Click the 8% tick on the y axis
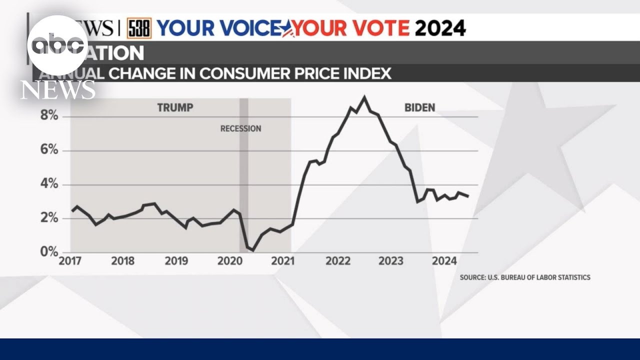point(49,116)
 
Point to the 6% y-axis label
point(49,150)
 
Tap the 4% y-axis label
point(49,184)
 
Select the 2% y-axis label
point(49,218)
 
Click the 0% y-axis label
point(49,252)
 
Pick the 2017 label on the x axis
point(70,261)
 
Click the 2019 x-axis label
point(176,261)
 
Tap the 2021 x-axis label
point(283,261)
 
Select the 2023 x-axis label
point(391,261)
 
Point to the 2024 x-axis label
point(444,261)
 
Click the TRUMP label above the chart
point(175,107)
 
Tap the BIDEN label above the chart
point(419,107)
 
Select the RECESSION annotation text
point(240,128)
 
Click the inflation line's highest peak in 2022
point(364,97)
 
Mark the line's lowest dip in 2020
point(252,250)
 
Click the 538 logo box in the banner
point(138,28)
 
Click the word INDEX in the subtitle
point(365,73)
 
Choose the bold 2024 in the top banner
point(440,28)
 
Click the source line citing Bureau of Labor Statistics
point(525,277)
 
